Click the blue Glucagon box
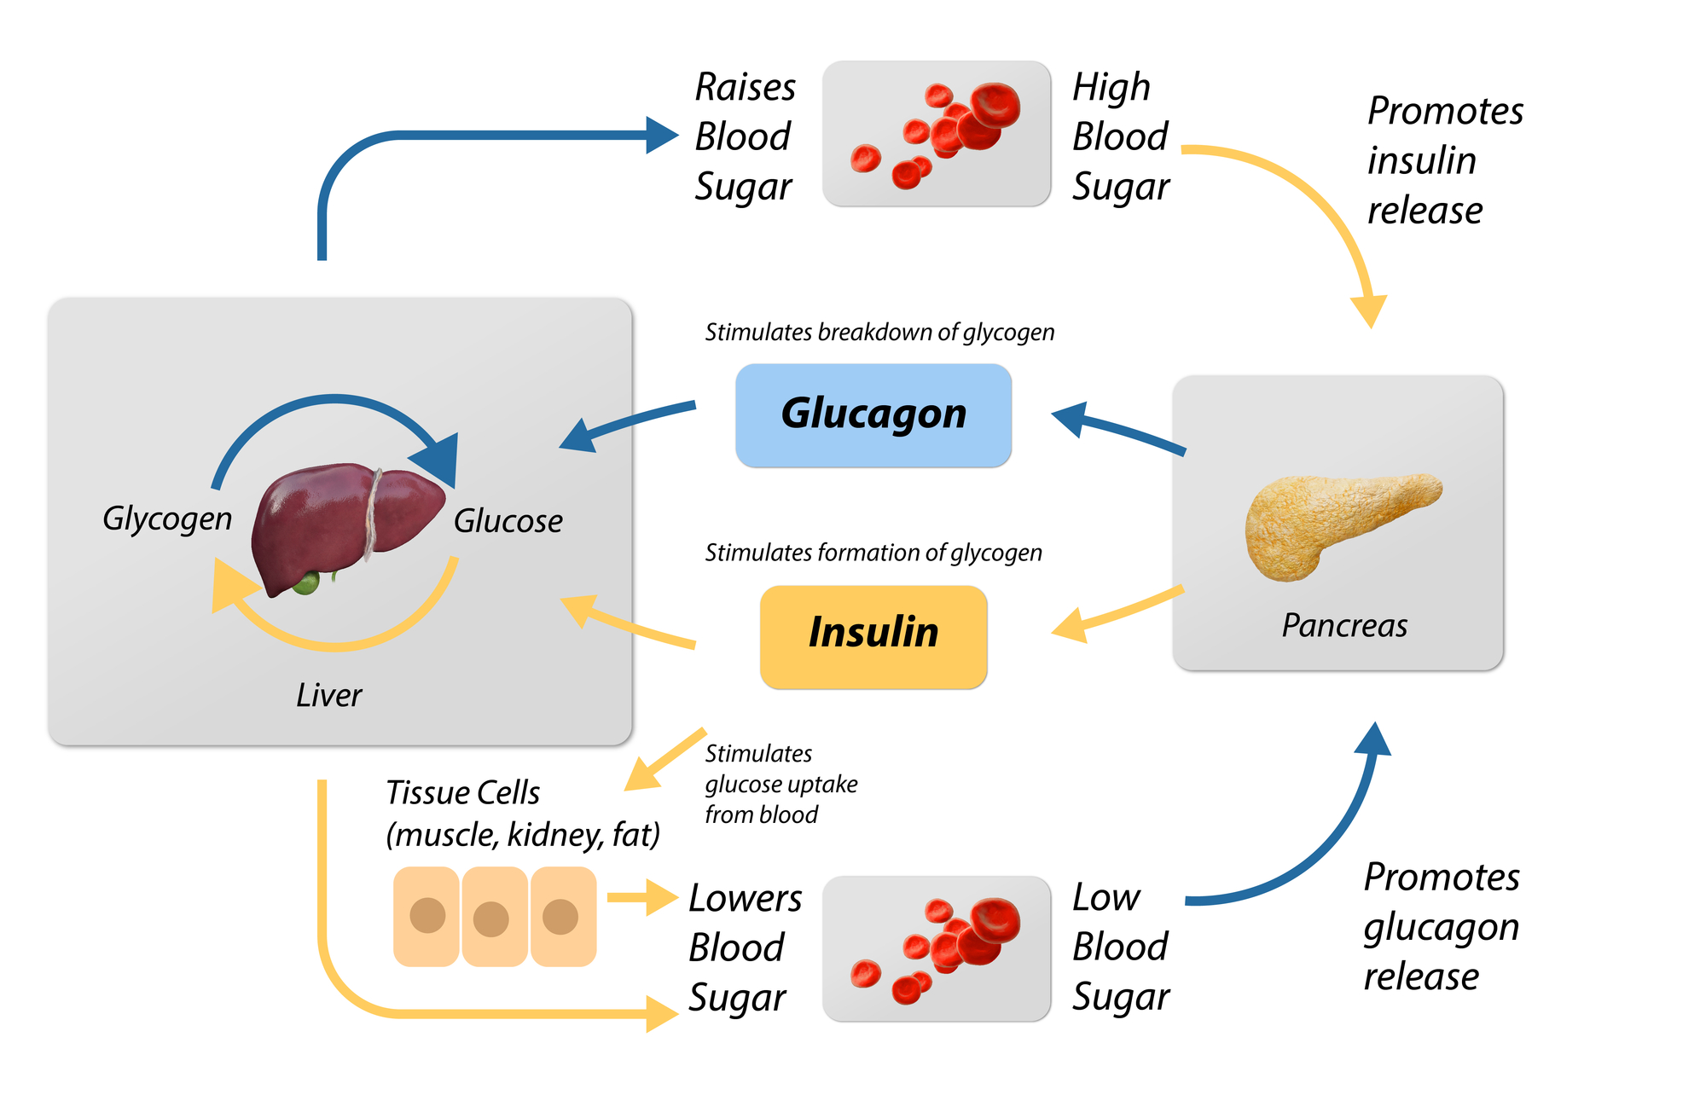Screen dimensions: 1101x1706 coord(873,415)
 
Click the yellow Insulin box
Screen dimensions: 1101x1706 coord(873,636)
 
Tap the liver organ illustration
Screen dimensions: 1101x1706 coord(341,524)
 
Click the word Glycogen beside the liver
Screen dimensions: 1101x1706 coord(167,519)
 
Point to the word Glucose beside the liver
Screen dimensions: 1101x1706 coord(508,521)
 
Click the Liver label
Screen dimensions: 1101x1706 coord(328,695)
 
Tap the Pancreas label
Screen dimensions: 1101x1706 coord(1343,626)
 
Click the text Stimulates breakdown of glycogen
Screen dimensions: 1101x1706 coord(879,332)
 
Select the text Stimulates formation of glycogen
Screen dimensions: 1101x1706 coord(873,553)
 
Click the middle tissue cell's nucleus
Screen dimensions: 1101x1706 coord(490,919)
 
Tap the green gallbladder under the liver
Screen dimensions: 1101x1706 coord(305,583)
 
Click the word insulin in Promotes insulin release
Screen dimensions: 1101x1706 coord(1421,160)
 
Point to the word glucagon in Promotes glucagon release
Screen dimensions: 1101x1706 coord(1441,928)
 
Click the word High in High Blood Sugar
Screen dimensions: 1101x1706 coord(1111,88)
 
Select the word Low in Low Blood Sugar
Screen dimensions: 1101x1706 coord(1105,897)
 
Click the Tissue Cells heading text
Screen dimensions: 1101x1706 coord(462,792)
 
